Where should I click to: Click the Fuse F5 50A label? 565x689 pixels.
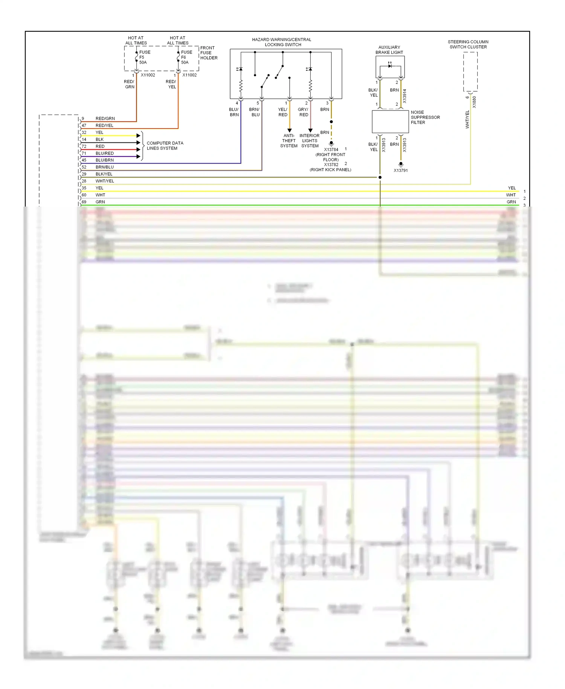(x=144, y=57)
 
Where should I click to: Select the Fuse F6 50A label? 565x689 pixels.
(x=186, y=57)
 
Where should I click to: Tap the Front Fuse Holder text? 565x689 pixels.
(x=209, y=53)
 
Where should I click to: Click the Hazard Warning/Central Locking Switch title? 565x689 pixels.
(x=282, y=42)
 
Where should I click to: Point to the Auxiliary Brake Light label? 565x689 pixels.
(x=389, y=50)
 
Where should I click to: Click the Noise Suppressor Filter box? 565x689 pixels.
(x=390, y=121)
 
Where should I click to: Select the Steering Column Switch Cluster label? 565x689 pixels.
(x=468, y=44)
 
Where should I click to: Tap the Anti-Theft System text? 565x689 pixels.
(x=289, y=141)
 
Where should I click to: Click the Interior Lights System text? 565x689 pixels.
(x=310, y=141)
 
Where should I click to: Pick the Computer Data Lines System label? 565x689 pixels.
(x=165, y=145)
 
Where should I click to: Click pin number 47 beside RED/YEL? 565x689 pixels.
(x=84, y=126)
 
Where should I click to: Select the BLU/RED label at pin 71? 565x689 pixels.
(x=104, y=153)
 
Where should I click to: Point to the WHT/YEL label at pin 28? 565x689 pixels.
(x=104, y=181)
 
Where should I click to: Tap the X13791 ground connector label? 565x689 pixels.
(x=401, y=170)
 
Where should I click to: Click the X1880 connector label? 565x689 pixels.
(x=474, y=102)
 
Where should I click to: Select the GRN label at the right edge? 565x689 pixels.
(x=511, y=202)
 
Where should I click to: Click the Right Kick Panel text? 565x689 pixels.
(x=330, y=170)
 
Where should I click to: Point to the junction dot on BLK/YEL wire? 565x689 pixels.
(x=380, y=177)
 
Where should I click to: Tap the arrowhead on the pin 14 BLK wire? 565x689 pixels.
(x=138, y=142)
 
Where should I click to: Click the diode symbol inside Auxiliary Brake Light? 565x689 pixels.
(x=390, y=66)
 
